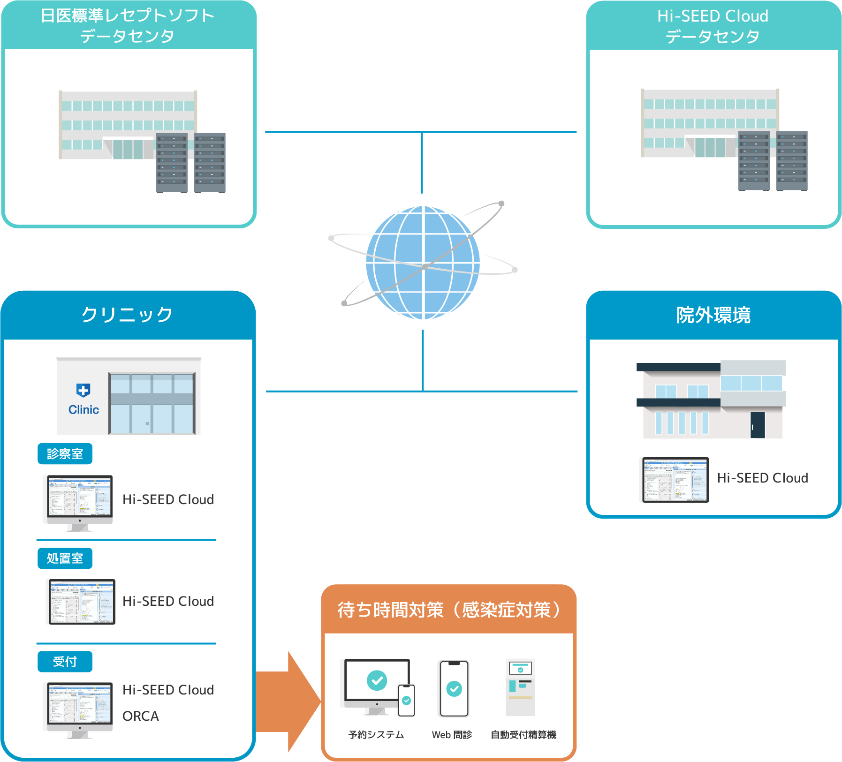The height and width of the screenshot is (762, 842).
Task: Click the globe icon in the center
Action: click(423, 263)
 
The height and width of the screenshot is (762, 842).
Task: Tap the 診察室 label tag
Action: click(65, 454)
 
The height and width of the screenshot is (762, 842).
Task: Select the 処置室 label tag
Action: click(65, 558)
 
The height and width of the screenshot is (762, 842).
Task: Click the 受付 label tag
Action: click(65, 662)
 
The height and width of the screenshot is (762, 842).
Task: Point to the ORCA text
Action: click(141, 716)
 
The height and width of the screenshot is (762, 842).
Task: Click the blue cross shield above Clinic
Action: click(83, 390)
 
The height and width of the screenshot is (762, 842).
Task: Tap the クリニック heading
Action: click(127, 315)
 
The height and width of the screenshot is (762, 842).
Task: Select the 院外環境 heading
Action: click(713, 315)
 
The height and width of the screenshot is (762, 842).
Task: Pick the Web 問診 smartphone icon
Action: click(453, 688)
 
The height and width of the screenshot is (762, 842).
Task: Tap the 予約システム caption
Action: click(376, 735)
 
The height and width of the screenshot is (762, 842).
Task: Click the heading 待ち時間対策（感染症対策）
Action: click(448, 610)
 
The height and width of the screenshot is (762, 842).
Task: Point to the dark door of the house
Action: click(757, 424)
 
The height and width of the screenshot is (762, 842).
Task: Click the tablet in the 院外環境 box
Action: click(675, 480)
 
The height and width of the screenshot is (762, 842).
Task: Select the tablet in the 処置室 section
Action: click(82, 602)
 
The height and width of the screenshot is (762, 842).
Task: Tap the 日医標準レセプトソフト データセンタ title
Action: click(127, 25)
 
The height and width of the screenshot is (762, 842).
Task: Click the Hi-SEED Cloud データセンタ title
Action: click(713, 26)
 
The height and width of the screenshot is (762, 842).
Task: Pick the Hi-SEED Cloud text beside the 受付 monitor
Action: click(168, 690)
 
